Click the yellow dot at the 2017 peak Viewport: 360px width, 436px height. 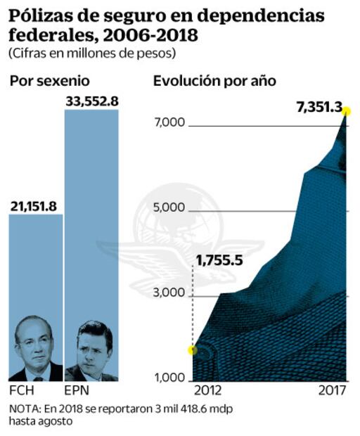[346, 110]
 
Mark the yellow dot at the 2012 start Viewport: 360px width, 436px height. [193, 350]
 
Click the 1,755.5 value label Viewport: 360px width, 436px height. [219, 261]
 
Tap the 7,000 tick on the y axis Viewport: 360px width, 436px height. [169, 123]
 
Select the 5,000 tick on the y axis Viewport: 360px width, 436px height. [169, 208]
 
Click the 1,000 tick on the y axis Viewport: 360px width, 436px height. [169, 378]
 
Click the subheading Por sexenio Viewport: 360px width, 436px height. [50, 81]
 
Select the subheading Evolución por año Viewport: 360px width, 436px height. [214, 81]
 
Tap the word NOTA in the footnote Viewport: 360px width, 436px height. [25, 409]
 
